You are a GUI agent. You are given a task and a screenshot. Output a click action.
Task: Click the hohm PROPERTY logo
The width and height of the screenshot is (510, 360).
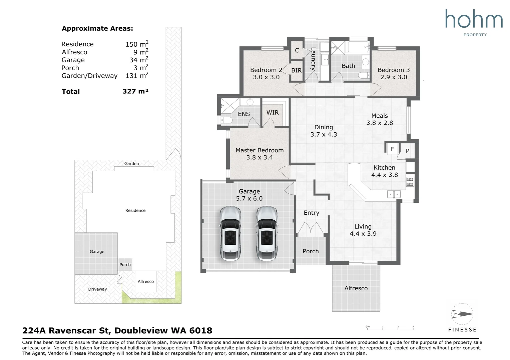coord(474,23)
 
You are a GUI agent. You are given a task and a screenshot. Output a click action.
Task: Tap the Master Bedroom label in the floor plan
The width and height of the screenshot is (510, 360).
coord(260,150)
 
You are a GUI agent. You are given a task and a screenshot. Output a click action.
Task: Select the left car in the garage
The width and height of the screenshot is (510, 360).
coord(230,233)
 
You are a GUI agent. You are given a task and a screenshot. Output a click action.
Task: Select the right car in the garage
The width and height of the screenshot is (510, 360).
coord(267,233)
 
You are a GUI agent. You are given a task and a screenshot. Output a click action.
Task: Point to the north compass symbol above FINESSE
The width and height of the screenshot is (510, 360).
coord(462,314)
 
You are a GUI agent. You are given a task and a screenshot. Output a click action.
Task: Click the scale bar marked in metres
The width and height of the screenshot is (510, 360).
coord(390,328)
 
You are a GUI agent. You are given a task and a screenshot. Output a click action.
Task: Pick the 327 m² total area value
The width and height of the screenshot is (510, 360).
coord(135,91)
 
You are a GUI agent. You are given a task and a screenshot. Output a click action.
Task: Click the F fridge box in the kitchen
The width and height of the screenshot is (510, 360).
coord(392,149)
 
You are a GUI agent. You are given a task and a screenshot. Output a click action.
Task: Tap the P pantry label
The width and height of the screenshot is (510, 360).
coord(408,151)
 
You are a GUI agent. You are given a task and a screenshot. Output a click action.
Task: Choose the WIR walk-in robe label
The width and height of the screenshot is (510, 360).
coord(272,112)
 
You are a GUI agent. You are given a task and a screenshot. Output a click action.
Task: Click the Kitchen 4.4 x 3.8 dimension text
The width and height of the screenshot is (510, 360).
coord(385,175)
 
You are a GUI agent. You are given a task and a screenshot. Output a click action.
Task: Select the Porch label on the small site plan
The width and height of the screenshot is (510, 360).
coord(125,264)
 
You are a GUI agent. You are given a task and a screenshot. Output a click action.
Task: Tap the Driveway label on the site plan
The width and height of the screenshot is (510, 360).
coord(97,289)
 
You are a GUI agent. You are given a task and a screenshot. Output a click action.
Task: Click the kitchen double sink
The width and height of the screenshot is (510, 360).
coord(394,194)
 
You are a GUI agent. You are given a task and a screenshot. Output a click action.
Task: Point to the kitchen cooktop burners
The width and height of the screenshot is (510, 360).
coord(410,182)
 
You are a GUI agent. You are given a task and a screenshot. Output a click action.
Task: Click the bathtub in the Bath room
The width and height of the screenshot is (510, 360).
coord(358,47)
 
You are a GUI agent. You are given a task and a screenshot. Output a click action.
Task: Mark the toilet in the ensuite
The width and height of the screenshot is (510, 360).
coord(225,120)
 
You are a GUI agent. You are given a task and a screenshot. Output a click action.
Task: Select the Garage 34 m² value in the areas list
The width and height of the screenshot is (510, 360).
coord(139,60)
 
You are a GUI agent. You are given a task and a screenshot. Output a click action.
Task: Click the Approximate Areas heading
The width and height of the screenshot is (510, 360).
coord(97,28)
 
